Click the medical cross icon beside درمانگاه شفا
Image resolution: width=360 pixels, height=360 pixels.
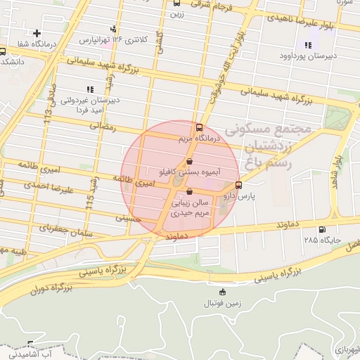point(37,32)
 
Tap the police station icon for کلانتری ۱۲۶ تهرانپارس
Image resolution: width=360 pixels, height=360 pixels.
point(113,29)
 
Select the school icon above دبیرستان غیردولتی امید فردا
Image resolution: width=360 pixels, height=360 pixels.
point(89,89)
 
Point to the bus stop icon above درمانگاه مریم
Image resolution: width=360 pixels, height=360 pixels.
point(199,128)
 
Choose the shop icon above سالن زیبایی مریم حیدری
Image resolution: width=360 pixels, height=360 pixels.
point(189,192)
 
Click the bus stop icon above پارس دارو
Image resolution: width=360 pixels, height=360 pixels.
point(238,186)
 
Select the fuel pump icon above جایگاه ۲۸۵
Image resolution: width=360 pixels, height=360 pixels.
point(322,229)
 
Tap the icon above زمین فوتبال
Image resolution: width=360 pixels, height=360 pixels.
point(223,292)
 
